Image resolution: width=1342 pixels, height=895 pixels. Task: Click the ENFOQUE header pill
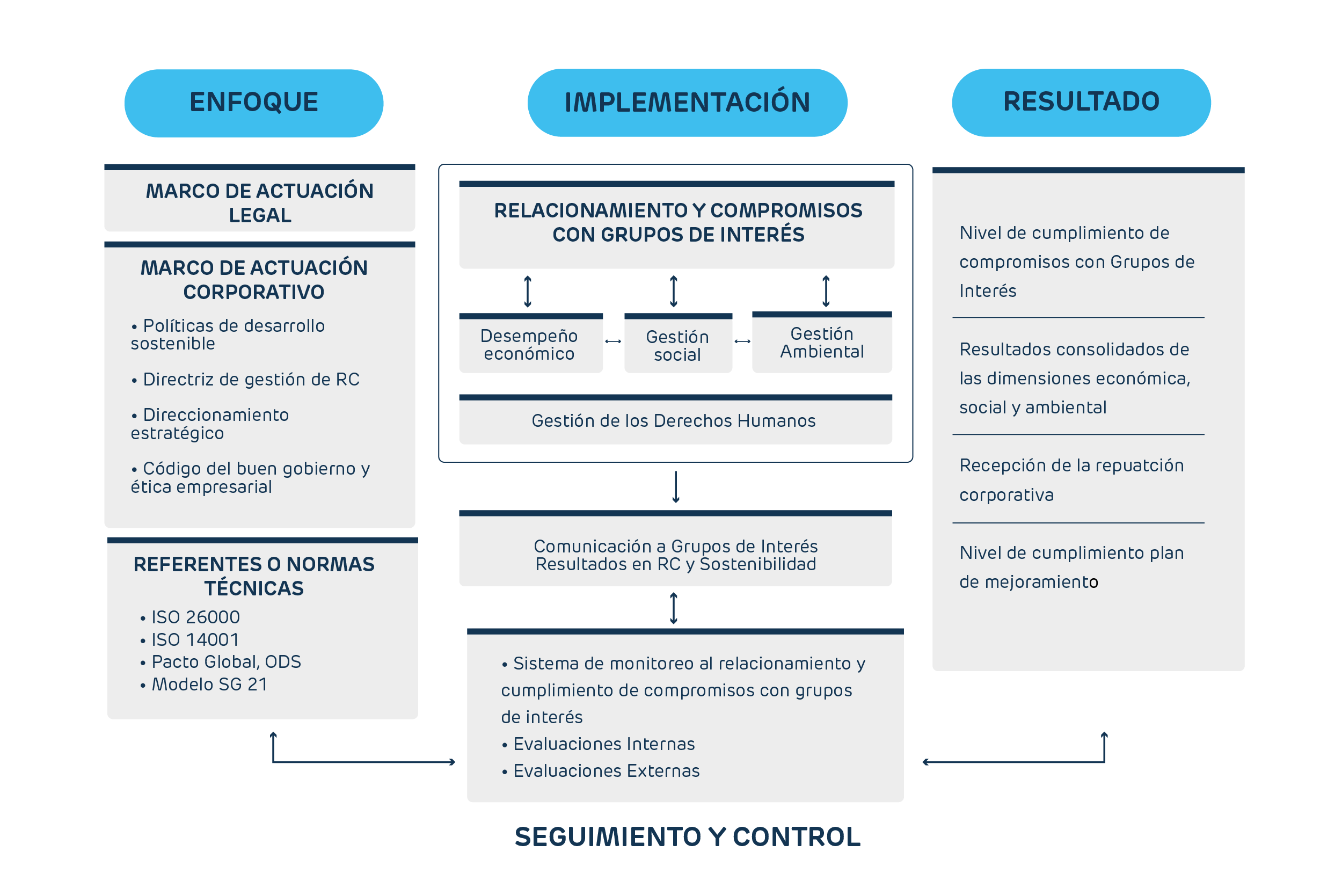[254, 103]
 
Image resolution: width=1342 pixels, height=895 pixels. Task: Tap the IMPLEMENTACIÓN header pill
[687, 103]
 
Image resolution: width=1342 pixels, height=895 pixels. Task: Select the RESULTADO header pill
[1081, 102]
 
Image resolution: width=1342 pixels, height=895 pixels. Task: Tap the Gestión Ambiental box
[822, 343]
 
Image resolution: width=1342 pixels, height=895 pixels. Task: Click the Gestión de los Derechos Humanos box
[675, 421]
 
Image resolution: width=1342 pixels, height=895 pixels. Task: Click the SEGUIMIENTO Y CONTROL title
[687, 837]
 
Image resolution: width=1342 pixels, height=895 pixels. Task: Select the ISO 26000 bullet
[195, 617]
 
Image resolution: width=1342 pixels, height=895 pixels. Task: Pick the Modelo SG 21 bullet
[209, 684]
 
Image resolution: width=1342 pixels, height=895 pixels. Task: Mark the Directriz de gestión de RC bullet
[251, 379]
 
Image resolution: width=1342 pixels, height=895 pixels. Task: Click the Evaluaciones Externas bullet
[606, 770]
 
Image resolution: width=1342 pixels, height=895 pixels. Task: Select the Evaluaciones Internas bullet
[604, 744]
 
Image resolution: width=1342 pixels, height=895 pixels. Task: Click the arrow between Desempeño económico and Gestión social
[614, 341]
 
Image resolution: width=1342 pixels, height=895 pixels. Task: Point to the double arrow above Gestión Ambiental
[826, 291]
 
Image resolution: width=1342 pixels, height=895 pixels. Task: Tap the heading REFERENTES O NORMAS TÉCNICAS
[254, 576]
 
